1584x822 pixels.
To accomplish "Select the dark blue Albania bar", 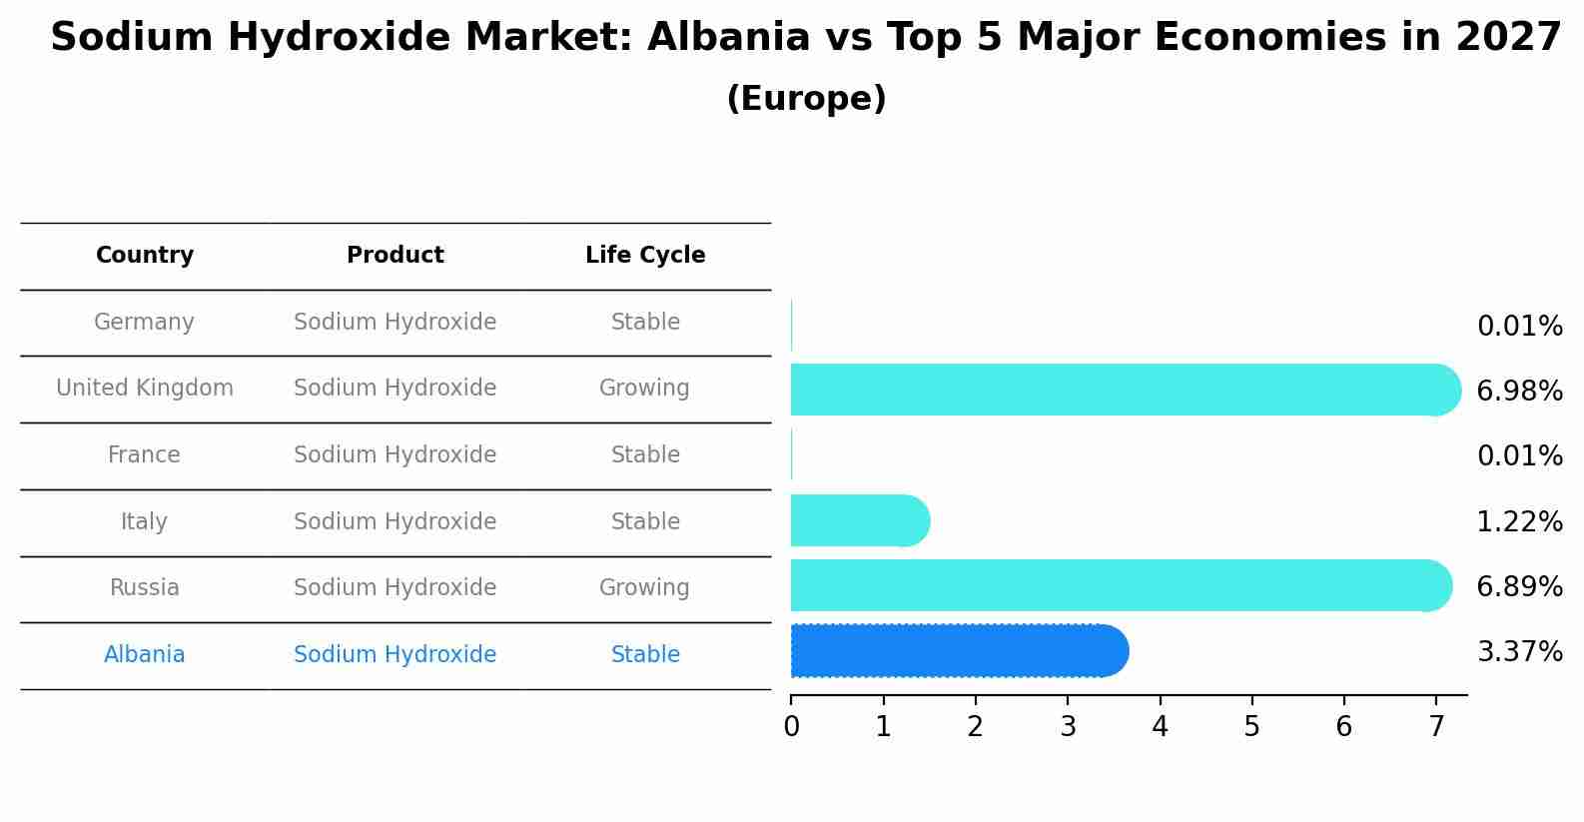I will pos(957,651).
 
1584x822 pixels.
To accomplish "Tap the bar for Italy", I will pos(859,520).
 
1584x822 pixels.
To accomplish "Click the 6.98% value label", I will pos(1519,392).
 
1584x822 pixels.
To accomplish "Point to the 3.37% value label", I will pos(1519,652).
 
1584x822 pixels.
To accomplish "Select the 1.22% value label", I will pos(1519,521).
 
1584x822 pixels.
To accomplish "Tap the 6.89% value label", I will pos(1519,586).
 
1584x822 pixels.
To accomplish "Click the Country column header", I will pos(145,256).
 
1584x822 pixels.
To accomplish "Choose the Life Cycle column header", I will pos(645,256).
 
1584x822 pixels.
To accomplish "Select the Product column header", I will pos(396,256).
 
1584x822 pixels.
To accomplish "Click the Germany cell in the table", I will pos(145,323).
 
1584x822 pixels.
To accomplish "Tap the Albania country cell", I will pos(145,655).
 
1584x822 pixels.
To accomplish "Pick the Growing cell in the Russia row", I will pos(644,588).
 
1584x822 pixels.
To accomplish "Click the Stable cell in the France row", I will pos(645,455).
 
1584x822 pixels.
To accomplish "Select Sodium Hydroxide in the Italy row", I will pos(396,522).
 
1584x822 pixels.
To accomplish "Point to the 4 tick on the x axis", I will pos(1160,727).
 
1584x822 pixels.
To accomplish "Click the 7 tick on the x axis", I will pos(1436,727).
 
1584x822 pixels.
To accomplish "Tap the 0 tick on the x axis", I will pos(791,727).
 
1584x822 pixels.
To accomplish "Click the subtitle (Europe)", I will pos(806,99).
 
